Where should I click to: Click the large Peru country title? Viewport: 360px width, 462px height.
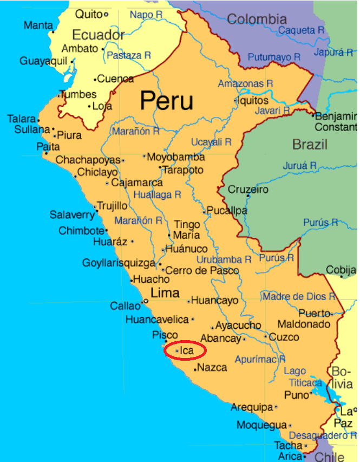click(166, 101)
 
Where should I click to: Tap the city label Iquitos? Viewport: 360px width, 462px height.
click(253, 101)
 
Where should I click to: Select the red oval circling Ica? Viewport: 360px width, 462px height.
click(185, 350)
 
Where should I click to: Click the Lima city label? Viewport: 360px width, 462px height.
click(165, 293)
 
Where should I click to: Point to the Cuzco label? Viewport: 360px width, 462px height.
click(284, 337)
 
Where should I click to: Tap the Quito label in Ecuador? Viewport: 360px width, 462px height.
click(89, 14)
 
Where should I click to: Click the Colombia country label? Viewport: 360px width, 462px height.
click(257, 19)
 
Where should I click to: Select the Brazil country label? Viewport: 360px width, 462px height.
click(310, 145)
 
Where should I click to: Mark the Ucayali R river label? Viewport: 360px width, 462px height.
click(211, 142)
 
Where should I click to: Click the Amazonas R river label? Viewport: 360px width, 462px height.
click(245, 83)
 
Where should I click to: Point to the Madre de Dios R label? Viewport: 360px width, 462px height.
click(299, 297)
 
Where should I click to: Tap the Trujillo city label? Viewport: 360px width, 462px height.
click(112, 206)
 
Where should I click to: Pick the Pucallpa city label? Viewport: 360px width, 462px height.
click(228, 211)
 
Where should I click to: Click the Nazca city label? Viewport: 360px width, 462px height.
click(213, 368)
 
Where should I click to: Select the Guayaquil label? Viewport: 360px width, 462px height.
click(43, 61)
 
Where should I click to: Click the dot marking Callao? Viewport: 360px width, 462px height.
click(145, 302)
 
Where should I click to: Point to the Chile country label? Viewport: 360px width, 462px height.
click(330, 457)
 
